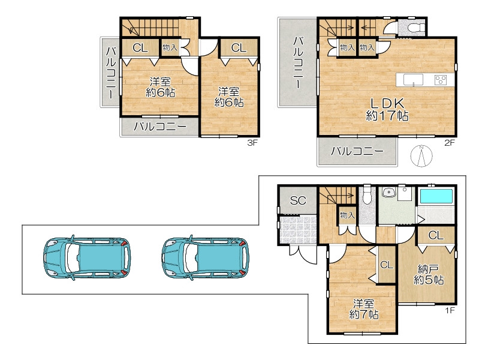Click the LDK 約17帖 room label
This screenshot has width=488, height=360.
coord(387,109)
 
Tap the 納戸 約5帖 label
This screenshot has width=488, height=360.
coord(429,274)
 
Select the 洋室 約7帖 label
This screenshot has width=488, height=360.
coord(364,309)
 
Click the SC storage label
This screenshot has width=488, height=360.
coord(298,200)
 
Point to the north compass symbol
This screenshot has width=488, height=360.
coord(421,156)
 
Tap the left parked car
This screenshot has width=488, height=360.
coord(87,256)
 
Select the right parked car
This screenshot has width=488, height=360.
coord(206,256)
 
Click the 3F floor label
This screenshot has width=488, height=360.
coord(252,143)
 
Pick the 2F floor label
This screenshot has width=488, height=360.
coord(450,143)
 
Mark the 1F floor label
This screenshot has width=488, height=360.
coord(450,310)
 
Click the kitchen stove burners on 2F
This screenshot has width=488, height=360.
coord(441,80)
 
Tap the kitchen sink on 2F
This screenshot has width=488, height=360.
coord(413,80)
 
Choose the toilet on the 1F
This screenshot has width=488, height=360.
coord(367,194)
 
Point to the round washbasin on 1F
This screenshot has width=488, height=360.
coord(387,193)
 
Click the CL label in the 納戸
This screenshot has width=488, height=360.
coord(436,235)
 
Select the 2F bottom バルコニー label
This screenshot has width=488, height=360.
coord(357,152)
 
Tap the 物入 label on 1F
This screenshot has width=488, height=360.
coord(347,215)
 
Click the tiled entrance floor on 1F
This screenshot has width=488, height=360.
coord(298,230)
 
